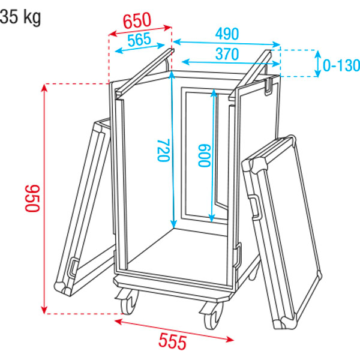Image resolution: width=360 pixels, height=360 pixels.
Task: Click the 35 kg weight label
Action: [x=20, y=17]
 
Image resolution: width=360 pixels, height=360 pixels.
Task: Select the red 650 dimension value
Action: [x=137, y=20]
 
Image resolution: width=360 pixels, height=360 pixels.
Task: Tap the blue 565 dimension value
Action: [x=139, y=39]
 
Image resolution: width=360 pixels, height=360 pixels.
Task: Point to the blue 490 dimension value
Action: [x=227, y=34]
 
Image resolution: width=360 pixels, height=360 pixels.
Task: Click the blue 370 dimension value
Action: [x=227, y=54]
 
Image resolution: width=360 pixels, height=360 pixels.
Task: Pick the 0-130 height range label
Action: [x=341, y=65]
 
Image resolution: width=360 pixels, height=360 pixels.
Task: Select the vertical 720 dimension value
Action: [x=163, y=150]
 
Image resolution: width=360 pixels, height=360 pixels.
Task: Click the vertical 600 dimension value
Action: [x=204, y=155]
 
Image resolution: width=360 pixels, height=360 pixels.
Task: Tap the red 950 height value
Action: [x=32, y=198]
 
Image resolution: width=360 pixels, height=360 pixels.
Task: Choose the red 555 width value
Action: [x=172, y=342]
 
